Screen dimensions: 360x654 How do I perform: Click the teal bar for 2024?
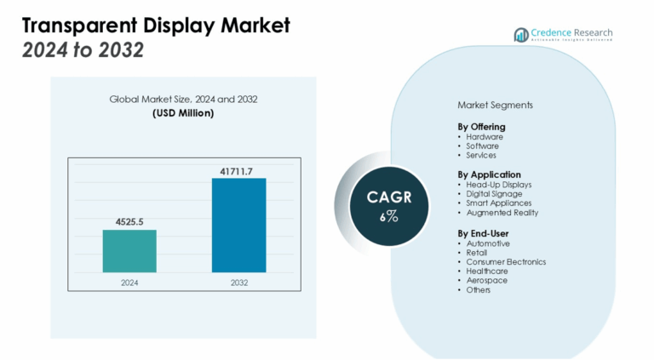click(129, 251)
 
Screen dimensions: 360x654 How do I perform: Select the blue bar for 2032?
click(238, 226)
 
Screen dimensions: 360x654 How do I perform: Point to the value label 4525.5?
click(129, 222)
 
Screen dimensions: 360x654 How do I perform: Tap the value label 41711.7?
click(238, 171)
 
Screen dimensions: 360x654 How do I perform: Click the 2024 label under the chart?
click(129, 283)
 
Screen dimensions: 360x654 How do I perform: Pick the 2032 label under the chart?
click(238, 283)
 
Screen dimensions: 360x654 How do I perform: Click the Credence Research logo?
click(563, 35)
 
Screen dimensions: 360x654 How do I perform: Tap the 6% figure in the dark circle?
click(388, 216)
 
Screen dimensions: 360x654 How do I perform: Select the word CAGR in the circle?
click(389, 197)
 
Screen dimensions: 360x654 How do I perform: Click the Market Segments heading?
click(495, 106)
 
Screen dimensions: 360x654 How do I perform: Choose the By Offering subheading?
click(481, 127)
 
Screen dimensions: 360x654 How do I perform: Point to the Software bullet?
click(482, 146)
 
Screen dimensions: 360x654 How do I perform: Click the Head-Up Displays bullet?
click(498, 184)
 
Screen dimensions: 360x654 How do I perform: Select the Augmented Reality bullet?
click(502, 213)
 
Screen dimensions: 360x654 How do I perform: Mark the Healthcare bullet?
click(487, 271)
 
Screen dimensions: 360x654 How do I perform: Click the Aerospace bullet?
click(485, 280)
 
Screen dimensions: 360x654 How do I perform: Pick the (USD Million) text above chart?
click(183, 113)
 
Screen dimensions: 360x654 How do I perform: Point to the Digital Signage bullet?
click(494, 193)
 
